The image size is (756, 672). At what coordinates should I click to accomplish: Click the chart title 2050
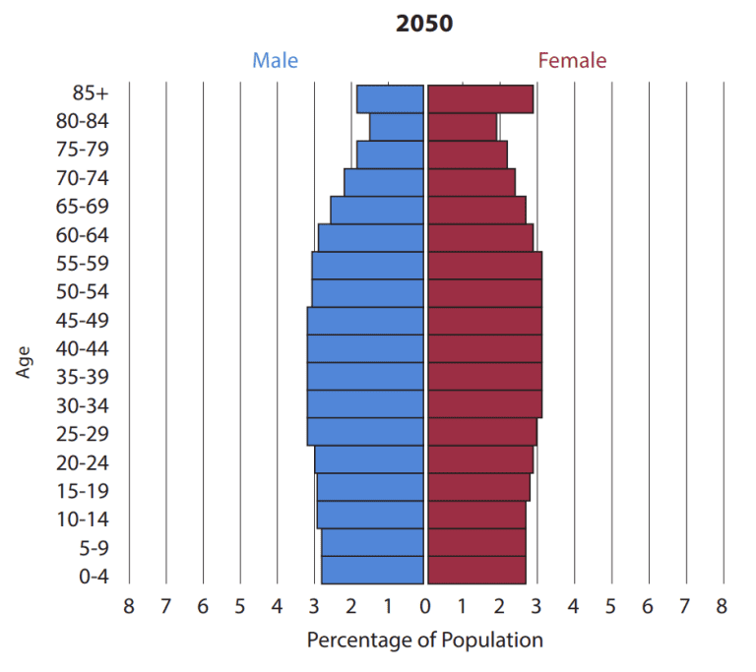coord(424,24)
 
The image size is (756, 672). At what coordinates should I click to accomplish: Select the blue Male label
coord(275,60)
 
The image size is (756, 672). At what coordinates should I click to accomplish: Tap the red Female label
coord(572,60)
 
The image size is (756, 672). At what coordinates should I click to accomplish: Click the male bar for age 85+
coord(390,99)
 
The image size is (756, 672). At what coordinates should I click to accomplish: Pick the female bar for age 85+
coord(480,99)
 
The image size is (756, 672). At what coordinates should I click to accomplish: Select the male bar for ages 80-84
coord(397,127)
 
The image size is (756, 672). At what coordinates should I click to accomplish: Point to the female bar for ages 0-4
coord(476,570)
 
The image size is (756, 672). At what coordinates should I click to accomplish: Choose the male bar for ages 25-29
coord(366,431)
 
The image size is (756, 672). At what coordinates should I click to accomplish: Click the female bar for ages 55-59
coord(484,266)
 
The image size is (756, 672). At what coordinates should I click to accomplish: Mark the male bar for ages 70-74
coord(384,182)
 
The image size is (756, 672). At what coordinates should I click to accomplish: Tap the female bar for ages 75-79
coord(468,154)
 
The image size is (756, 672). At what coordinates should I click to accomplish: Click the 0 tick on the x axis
coord(425,606)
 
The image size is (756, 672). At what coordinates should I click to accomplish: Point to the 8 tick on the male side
coord(129,606)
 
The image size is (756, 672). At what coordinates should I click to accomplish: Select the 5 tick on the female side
coord(610,606)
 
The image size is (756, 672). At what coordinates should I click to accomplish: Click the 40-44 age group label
coord(82,348)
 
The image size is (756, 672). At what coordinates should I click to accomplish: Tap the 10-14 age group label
coord(82,519)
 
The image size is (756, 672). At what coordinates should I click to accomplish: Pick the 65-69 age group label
coord(82,207)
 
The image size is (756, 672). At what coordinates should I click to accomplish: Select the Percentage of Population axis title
coord(424,641)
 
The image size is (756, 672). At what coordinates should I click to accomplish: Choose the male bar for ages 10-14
coord(370,515)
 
